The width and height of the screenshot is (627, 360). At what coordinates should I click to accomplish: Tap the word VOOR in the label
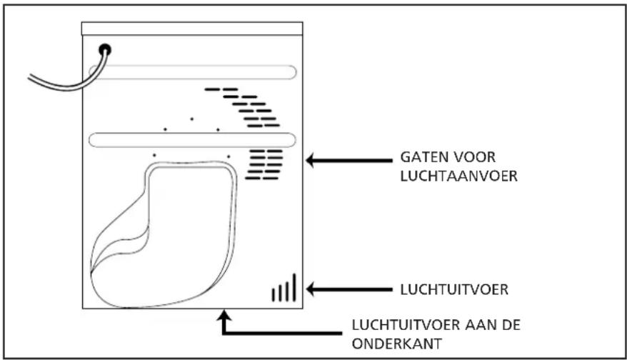click(474, 156)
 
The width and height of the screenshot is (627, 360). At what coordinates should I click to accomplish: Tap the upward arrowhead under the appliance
click(226, 315)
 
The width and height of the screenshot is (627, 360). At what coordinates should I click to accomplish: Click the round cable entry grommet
click(106, 49)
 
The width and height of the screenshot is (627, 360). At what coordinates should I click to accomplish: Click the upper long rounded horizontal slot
click(193, 71)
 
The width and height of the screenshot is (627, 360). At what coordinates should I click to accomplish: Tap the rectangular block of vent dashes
click(264, 164)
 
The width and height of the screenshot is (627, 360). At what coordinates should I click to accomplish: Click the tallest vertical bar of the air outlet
click(294, 286)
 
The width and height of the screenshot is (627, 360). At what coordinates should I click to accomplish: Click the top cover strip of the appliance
click(192, 29)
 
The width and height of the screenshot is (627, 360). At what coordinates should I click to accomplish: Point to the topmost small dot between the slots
click(191, 118)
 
